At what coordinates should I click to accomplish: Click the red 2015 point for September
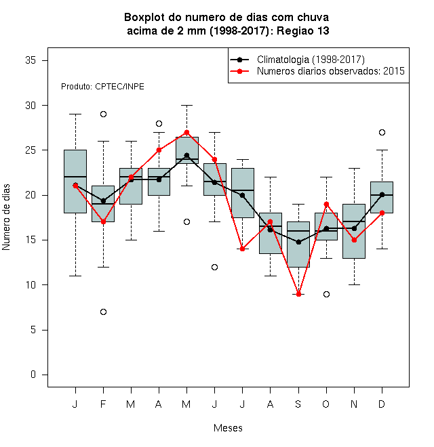pyautogui.click(x=298, y=294)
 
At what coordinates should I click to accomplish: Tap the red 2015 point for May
pyautogui.click(x=186, y=132)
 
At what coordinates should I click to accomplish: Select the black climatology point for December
pyautogui.click(x=382, y=194)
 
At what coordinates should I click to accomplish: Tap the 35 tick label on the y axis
pyautogui.click(x=31, y=60)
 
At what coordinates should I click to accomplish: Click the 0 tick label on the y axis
pyautogui.click(x=33, y=375)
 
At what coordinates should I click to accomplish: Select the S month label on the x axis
pyautogui.click(x=298, y=404)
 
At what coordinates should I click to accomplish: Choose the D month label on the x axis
pyautogui.click(x=382, y=404)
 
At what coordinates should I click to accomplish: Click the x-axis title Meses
pyautogui.click(x=228, y=428)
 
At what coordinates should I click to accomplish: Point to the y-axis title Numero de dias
pyautogui.click(x=6, y=217)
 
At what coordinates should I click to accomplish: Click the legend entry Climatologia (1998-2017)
pyautogui.click(x=311, y=60)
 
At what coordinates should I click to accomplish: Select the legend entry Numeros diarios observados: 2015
pyautogui.click(x=331, y=71)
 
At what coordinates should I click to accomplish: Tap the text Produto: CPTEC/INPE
pyautogui.click(x=102, y=87)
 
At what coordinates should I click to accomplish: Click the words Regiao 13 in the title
pyautogui.click(x=303, y=30)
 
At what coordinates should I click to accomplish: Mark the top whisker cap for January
pyautogui.click(x=75, y=114)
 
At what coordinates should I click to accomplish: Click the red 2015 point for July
pyautogui.click(x=242, y=249)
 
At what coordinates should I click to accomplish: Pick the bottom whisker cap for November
pyautogui.click(x=355, y=284)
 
